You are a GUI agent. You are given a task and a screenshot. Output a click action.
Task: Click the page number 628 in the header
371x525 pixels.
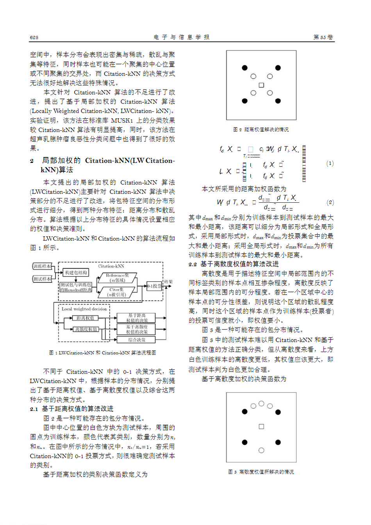34,37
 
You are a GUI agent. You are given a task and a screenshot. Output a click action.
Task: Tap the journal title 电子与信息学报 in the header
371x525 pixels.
182,37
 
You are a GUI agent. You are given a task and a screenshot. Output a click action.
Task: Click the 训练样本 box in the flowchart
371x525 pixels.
42,266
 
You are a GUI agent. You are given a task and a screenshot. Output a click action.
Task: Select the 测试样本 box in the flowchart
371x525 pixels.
42,279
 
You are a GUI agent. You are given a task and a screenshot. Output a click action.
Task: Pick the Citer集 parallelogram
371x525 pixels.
117,292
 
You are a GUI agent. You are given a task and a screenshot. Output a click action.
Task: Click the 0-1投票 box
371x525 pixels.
154,286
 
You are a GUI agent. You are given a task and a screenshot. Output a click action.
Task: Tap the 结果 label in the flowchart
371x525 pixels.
168,282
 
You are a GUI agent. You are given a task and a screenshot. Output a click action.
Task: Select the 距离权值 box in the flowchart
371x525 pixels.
85,318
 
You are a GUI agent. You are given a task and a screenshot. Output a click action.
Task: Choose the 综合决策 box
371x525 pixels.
136,340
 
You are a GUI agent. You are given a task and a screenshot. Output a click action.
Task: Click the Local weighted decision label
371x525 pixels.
84,309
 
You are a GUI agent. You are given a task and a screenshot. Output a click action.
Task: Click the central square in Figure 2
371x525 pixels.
261,85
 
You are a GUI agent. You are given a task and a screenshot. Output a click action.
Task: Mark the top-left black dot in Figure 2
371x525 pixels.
244,68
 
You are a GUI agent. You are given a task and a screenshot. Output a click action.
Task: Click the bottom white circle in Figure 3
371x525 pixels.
261,450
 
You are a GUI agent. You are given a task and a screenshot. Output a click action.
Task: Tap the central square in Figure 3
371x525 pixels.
261,427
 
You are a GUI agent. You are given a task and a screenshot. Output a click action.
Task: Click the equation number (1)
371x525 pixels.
330,163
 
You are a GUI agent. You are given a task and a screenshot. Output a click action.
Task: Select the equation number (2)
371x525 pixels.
330,202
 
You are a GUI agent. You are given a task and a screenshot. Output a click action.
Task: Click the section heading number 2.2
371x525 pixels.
193,264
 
